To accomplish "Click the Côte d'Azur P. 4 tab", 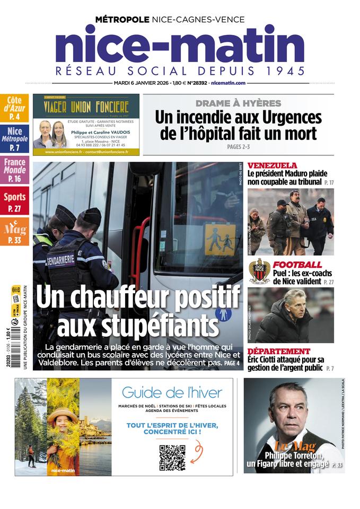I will (x=14, y=108).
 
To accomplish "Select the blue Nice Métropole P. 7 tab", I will (x=14, y=139).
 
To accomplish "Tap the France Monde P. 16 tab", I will (x=14, y=170).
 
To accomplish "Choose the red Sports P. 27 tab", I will (x=14, y=201).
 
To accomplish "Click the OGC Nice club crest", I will (x=259, y=271).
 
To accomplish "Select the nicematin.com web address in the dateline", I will (x=228, y=83).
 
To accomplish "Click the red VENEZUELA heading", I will (x=272, y=165).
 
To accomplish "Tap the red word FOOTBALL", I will (x=297, y=265).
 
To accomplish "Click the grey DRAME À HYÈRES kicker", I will (x=238, y=103).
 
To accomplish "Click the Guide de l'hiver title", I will (x=172, y=393).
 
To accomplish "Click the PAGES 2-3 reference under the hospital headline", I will (x=238, y=146).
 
